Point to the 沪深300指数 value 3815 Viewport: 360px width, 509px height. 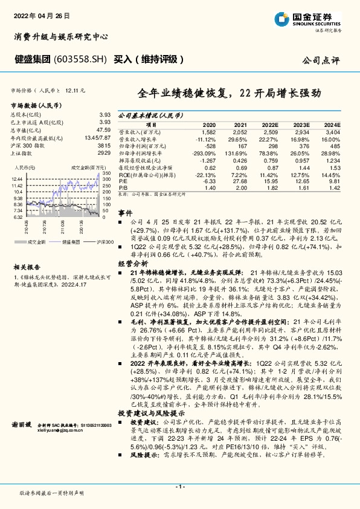(x=104, y=146)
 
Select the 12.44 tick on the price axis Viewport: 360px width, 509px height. (x=17, y=179)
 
